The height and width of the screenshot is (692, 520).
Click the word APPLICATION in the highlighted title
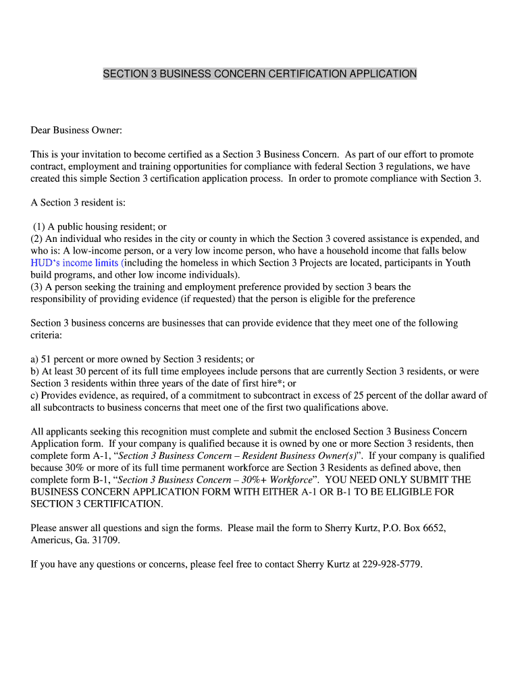point(384,73)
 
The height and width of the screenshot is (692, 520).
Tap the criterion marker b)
point(35,372)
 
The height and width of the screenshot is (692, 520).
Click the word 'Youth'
point(457,263)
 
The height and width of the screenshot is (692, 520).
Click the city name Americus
point(53,540)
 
